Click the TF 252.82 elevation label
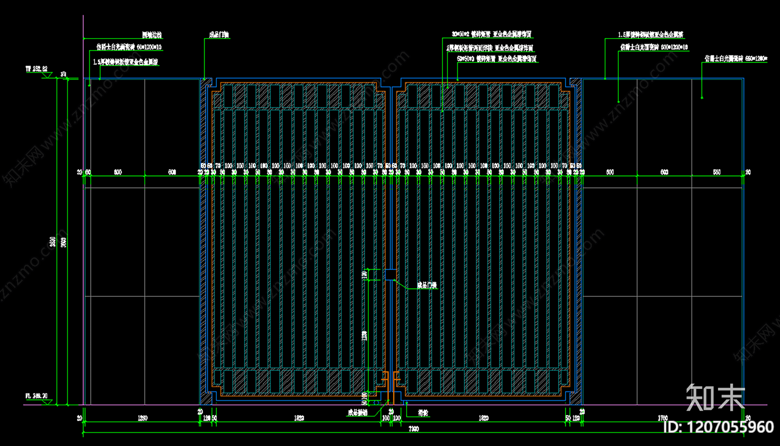(37, 69)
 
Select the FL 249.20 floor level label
(37, 396)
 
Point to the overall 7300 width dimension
(413, 429)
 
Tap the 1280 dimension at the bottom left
(142, 418)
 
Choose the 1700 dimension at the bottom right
(663, 418)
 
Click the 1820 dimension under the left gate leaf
(299, 418)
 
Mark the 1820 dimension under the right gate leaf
(483, 418)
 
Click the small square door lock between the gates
(390, 275)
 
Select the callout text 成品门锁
(427, 285)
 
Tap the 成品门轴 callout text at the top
(219, 35)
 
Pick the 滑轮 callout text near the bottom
(423, 413)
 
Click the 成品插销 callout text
(357, 413)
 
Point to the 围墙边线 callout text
(152, 35)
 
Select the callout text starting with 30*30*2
(491, 35)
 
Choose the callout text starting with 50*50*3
(497, 59)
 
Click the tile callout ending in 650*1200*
(736, 59)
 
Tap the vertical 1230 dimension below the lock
(365, 335)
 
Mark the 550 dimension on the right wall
(717, 172)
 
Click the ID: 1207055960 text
(719, 427)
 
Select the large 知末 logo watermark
(715, 397)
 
